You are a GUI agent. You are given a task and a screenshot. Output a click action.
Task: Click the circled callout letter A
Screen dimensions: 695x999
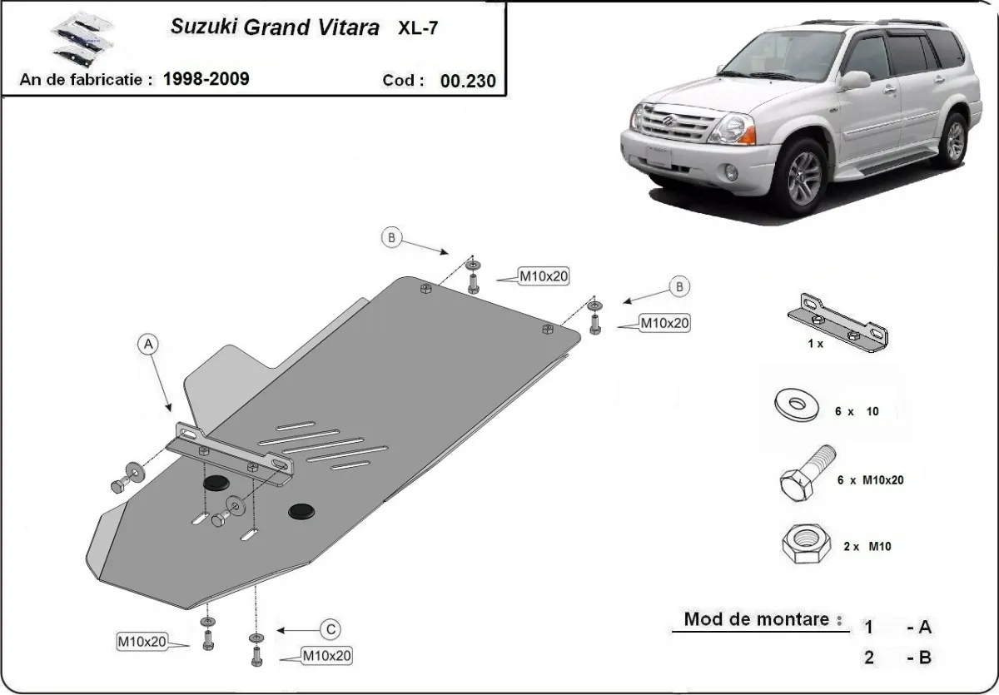(x=148, y=344)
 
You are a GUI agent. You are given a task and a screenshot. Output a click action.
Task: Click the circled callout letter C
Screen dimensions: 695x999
(x=331, y=628)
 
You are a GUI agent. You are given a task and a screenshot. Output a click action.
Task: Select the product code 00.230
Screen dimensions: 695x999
(x=468, y=81)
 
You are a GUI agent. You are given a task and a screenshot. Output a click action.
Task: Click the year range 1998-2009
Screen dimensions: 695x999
(x=206, y=79)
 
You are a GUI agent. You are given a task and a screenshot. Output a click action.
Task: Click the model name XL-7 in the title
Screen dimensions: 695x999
(x=419, y=27)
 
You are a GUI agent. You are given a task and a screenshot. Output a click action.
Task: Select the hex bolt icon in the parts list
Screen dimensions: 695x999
(x=805, y=475)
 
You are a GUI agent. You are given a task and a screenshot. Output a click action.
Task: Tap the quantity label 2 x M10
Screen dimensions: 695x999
(x=867, y=546)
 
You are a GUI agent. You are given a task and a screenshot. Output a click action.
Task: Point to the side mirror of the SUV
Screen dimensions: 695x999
(x=855, y=80)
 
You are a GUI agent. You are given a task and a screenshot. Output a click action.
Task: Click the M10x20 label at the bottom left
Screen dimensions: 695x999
(x=142, y=641)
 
